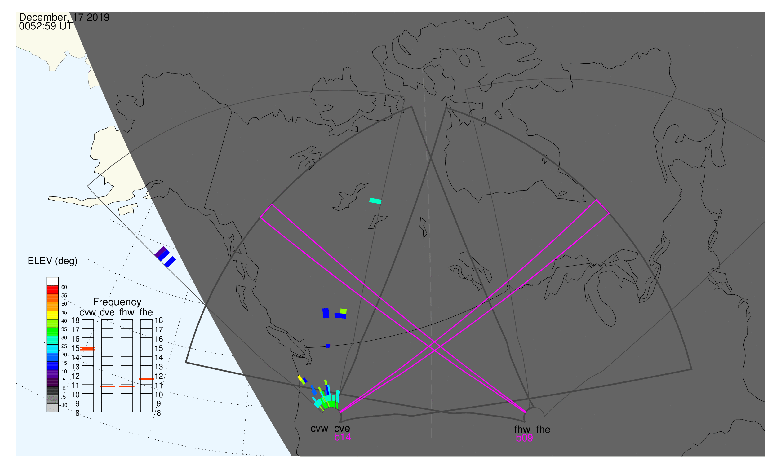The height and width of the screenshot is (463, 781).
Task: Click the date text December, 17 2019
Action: point(64,17)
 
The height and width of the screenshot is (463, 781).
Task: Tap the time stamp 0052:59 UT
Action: point(46,26)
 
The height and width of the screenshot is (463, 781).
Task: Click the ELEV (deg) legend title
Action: point(52,261)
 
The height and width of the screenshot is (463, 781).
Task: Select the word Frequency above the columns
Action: point(117,302)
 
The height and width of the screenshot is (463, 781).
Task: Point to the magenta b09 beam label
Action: point(524,438)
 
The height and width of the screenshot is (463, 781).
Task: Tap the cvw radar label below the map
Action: point(319,429)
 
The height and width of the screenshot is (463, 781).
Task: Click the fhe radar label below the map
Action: point(543,430)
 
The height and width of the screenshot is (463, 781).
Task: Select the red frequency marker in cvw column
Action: point(88,349)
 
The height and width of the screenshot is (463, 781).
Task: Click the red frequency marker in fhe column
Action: point(146,379)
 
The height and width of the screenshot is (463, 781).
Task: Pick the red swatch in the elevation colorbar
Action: point(52,290)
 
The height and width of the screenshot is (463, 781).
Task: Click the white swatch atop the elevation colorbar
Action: point(52,281)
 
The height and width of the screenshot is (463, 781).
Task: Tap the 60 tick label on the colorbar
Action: point(64,287)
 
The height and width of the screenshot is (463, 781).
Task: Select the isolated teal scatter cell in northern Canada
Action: point(375,201)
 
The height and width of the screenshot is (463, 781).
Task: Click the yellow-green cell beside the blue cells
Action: point(343,311)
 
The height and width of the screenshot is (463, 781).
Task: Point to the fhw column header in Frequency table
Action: point(127,313)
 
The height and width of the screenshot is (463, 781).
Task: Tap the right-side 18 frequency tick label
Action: point(159,320)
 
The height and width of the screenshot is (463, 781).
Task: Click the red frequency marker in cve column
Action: point(107,387)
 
